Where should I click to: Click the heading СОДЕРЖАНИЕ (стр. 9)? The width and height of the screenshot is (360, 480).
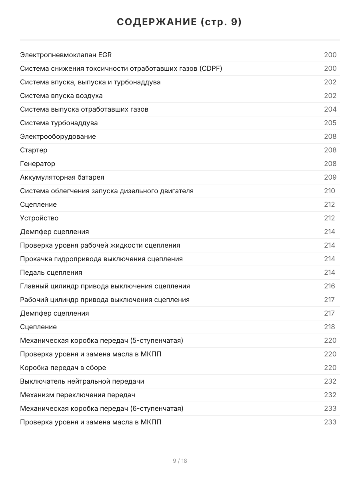point(180,22)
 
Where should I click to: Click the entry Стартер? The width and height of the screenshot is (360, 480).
point(34,150)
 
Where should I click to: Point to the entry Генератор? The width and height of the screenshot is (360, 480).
point(38,164)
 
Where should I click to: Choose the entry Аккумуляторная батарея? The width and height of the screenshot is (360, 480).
point(62,178)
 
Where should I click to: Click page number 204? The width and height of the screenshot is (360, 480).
point(330,110)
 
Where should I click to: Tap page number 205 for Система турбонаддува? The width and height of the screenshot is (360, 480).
point(330,123)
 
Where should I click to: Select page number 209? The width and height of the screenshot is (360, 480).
point(330,178)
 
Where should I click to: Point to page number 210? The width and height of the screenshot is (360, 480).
point(330,191)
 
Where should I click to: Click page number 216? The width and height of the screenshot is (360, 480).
point(330,286)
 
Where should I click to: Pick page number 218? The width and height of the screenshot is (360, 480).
point(330,327)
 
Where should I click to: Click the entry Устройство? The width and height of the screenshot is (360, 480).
point(39,218)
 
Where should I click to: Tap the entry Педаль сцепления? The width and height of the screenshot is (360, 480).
point(51,273)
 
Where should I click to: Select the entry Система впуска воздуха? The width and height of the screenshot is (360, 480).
point(61,96)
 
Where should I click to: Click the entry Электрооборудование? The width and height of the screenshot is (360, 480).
point(58,137)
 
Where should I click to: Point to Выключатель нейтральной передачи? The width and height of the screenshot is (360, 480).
point(82,382)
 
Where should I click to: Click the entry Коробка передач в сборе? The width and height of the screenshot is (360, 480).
point(63,368)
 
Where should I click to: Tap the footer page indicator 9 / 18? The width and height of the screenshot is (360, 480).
point(180,461)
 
